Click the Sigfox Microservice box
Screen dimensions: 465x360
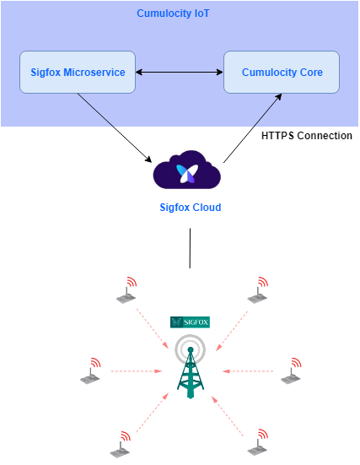coord(73,73)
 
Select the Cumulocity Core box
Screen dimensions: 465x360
coord(281,73)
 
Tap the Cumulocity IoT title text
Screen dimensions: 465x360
coord(174,14)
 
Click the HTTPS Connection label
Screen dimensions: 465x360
coord(307,136)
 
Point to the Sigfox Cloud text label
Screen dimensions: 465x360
coord(190,207)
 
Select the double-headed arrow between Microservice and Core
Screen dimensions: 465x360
coord(175,73)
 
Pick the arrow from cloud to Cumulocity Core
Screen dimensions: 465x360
coord(252,129)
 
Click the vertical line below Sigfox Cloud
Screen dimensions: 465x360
coord(190,249)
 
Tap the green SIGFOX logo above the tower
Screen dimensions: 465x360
coord(190,322)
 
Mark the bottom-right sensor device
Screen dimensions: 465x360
coord(256,444)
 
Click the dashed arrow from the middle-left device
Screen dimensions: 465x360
coord(137,370)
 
